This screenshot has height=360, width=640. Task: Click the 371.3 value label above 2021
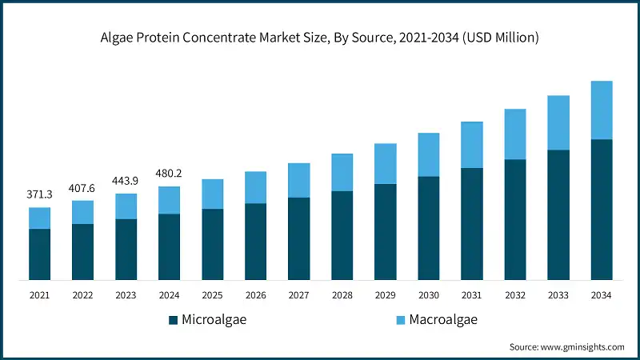tap(39, 195)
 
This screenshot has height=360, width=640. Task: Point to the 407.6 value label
tap(82, 188)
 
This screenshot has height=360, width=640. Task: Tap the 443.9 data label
tap(126, 180)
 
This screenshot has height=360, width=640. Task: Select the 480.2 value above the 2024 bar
tap(169, 173)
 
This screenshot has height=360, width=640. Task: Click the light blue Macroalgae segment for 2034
tap(601, 110)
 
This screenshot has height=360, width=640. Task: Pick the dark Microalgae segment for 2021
tap(39, 254)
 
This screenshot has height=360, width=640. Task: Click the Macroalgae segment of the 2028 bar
tap(342, 172)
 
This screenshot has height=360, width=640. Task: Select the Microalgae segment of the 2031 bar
tap(471, 224)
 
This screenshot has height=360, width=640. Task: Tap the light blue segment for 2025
tap(212, 194)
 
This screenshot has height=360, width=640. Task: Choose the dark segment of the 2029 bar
tap(385, 232)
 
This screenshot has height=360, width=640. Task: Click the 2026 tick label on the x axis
tap(255, 295)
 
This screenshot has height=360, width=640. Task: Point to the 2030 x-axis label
tap(428, 295)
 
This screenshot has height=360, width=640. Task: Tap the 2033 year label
tap(558, 295)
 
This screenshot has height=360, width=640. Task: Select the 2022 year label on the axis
tap(82, 295)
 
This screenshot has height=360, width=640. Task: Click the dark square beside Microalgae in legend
tap(173, 321)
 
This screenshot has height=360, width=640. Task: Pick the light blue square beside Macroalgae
tap(402, 321)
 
